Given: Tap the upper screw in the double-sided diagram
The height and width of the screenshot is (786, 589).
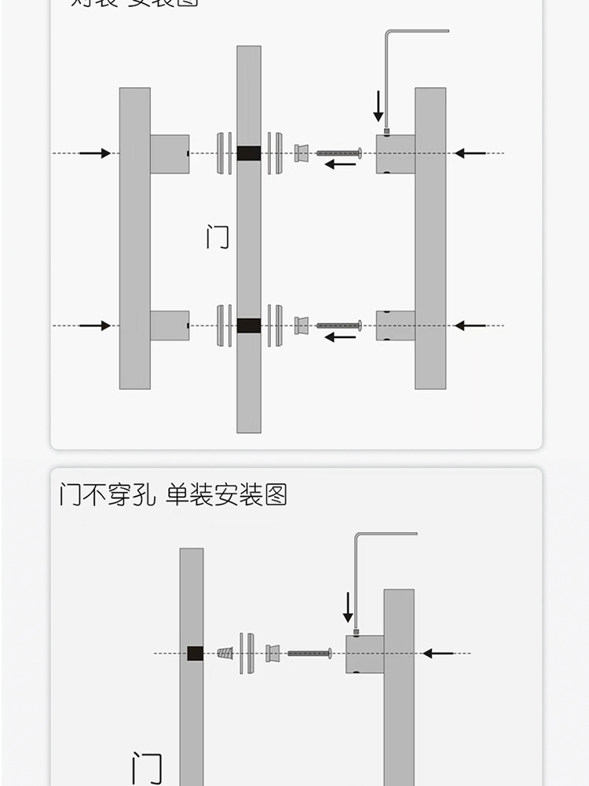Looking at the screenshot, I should (x=338, y=153).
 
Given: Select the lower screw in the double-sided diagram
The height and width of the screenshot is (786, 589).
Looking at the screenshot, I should (x=338, y=325).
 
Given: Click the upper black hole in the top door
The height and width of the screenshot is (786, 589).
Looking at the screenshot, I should (x=249, y=153).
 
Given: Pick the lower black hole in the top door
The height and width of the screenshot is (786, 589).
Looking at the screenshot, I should (x=249, y=325).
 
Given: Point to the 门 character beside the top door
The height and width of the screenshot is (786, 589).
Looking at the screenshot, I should (x=218, y=237).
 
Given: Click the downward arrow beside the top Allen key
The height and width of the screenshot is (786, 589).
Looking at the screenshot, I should (x=378, y=106).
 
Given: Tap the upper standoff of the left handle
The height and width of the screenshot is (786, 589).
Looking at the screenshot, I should (x=170, y=153).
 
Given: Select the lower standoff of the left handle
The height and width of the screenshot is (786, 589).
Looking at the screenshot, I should (x=170, y=325).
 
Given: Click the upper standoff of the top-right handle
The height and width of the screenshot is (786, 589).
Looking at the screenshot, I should (x=395, y=153).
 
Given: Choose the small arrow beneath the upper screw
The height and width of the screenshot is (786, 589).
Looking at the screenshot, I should (x=340, y=165).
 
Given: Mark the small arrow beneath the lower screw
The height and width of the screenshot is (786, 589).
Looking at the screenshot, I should (x=340, y=337).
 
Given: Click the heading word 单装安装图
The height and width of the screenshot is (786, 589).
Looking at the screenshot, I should (x=227, y=495).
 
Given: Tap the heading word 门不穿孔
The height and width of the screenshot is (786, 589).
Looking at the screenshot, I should (x=108, y=495).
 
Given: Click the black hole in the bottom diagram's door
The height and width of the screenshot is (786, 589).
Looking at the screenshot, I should (x=196, y=653).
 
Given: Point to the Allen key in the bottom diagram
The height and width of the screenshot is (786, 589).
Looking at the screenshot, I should (x=357, y=582).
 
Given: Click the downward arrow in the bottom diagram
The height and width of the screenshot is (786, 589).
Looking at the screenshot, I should (x=348, y=608).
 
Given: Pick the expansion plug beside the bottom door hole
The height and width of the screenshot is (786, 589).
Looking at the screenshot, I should (x=225, y=653).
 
